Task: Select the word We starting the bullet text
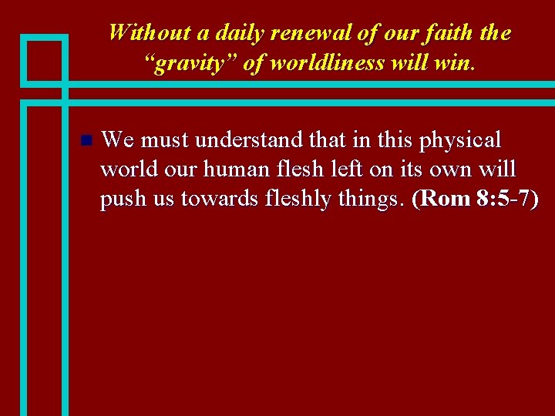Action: click(x=117, y=140)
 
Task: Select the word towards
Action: click(x=210, y=199)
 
